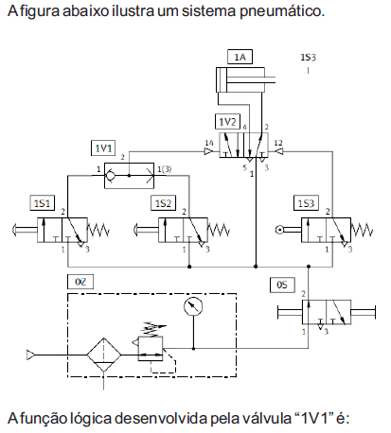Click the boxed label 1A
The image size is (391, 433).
tap(240, 57)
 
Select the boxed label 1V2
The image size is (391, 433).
tap(227, 121)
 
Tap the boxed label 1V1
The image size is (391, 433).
tap(103, 147)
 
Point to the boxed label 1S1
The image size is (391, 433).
tap(42, 203)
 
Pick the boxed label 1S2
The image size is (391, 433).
tap(163, 203)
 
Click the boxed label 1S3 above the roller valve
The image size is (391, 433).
tap(306, 203)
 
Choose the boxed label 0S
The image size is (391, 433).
tap(282, 285)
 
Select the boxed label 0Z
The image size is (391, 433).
tap(80, 282)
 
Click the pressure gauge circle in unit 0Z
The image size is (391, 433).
tap(193, 306)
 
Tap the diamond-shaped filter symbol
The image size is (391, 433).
tap(104, 355)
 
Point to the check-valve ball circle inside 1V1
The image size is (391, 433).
tap(110, 176)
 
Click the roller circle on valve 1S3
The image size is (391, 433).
tap(279, 230)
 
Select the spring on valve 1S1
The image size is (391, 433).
tap(98, 230)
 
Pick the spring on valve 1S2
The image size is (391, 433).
tap(219, 230)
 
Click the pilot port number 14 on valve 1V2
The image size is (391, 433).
tap(209, 143)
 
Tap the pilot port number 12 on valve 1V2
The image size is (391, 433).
tap(278, 143)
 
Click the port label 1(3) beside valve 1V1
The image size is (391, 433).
tap(165, 169)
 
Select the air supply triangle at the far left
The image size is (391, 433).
tap(30, 355)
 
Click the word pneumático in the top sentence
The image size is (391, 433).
tap(282, 11)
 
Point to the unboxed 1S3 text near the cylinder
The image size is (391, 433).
tap(308, 58)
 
